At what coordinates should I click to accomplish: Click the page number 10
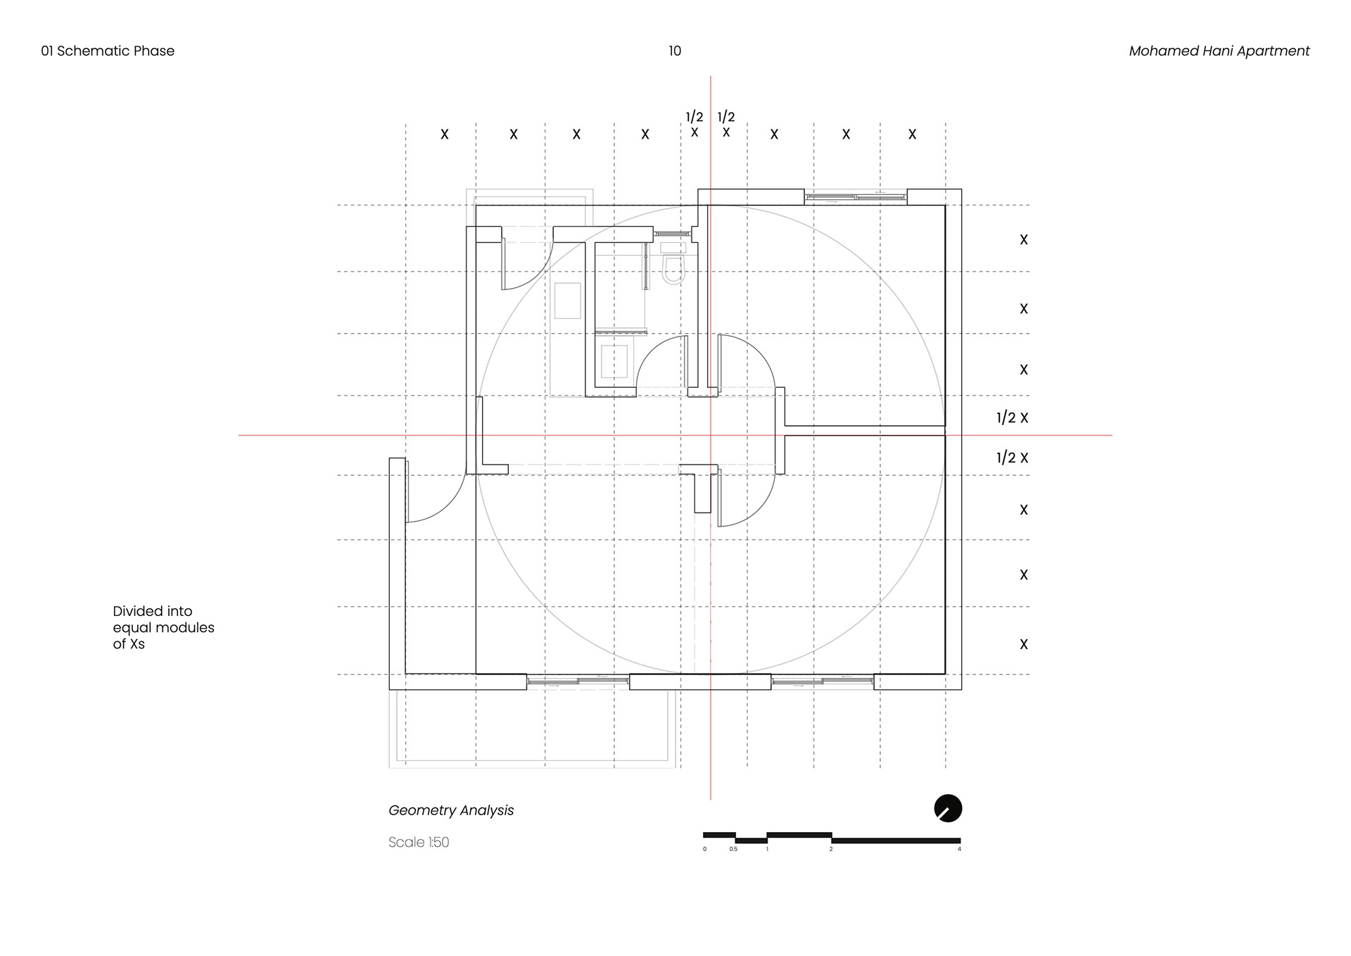pyautogui.click(x=675, y=51)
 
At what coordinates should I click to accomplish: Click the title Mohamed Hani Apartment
pyautogui.click(x=1219, y=51)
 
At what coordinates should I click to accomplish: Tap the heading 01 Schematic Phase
pyautogui.click(x=108, y=51)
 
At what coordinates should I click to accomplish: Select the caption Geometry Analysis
pyautogui.click(x=451, y=810)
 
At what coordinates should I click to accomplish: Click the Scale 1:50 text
pyautogui.click(x=419, y=842)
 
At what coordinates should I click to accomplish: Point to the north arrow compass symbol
pyautogui.click(x=948, y=808)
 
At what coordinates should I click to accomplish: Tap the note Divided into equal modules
pyautogui.click(x=163, y=627)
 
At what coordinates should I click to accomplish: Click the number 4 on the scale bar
pyautogui.click(x=959, y=850)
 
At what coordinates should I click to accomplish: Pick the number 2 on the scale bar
pyautogui.click(x=831, y=850)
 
